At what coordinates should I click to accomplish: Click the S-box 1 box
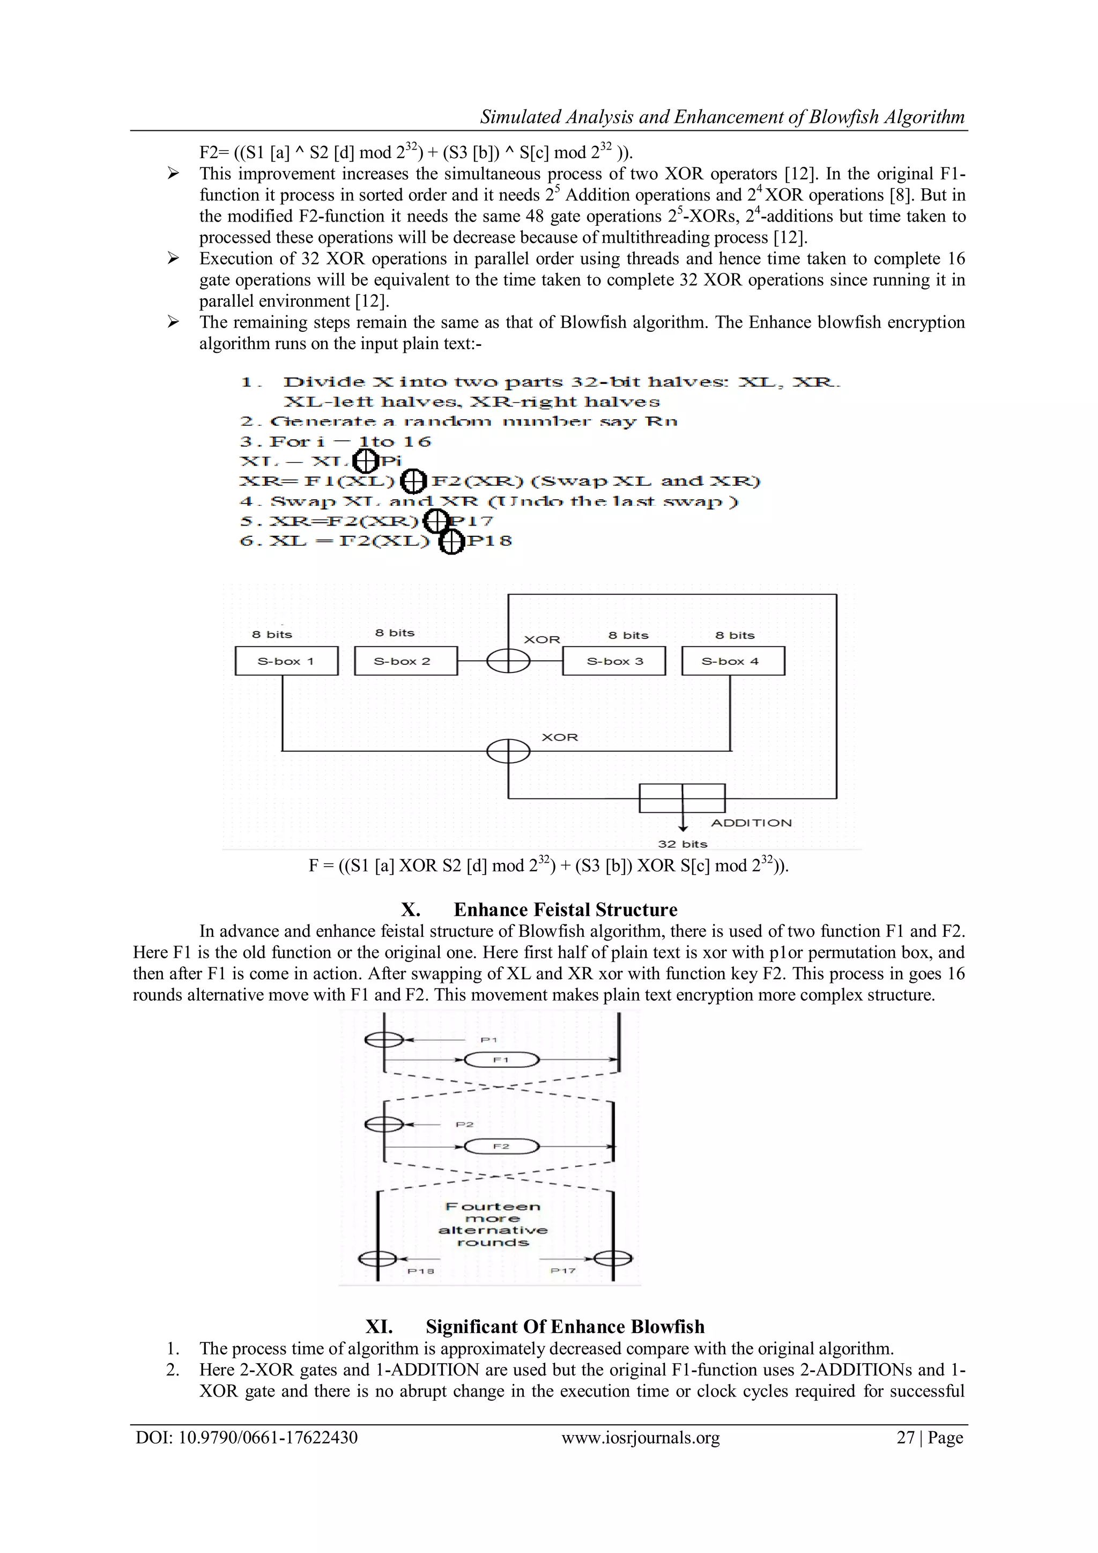tap(286, 661)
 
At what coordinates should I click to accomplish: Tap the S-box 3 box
tap(614, 661)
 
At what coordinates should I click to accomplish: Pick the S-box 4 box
tap(732, 661)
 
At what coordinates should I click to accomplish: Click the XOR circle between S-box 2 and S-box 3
tap(508, 661)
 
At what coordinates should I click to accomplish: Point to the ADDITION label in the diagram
tap(751, 823)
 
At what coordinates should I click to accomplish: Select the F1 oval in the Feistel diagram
tap(501, 1060)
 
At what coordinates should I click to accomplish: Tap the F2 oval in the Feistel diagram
tap(501, 1146)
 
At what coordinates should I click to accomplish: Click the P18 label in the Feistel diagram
tap(420, 1271)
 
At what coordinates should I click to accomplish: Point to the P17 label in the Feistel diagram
tap(562, 1270)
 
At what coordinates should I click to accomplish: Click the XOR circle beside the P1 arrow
tap(383, 1040)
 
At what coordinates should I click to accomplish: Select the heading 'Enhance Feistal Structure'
tap(565, 909)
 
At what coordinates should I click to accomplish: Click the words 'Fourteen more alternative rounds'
tap(493, 1224)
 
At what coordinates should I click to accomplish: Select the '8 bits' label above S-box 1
tap(272, 634)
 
